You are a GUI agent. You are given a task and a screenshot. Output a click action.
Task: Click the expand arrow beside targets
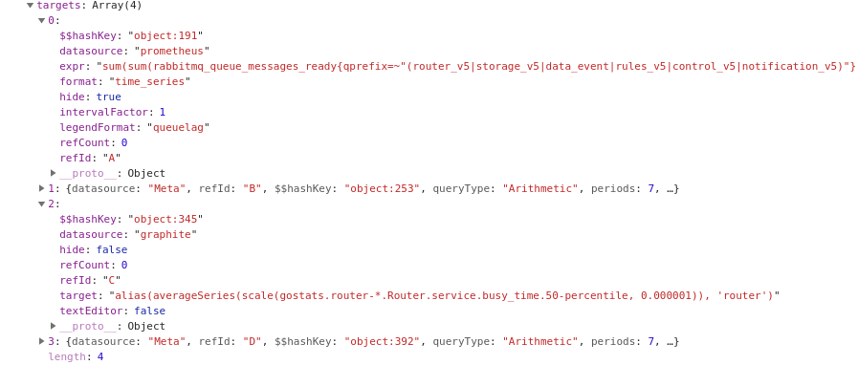pos(30,6)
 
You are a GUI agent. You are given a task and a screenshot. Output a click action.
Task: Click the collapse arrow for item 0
pos(41,20)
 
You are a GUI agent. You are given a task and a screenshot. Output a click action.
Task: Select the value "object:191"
pos(165,35)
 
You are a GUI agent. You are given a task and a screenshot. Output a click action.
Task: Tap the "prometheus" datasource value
pos(171,51)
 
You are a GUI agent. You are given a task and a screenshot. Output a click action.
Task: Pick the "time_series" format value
pos(149,81)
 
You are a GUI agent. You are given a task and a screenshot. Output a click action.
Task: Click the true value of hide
pos(108,97)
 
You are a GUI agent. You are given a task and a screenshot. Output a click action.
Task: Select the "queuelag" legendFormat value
pos(178,127)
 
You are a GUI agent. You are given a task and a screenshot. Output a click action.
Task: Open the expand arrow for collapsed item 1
pos(41,188)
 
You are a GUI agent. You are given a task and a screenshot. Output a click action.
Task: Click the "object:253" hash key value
pos(382,188)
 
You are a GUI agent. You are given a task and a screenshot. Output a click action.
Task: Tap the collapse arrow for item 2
pos(41,204)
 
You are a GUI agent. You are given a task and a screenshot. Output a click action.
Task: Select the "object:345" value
pos(165,219)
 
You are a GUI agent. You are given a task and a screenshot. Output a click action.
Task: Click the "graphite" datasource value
pos(165,234)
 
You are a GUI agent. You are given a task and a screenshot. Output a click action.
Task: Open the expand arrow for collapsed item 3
pos(41,341)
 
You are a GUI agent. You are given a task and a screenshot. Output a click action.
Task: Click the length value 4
pos(99,356)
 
